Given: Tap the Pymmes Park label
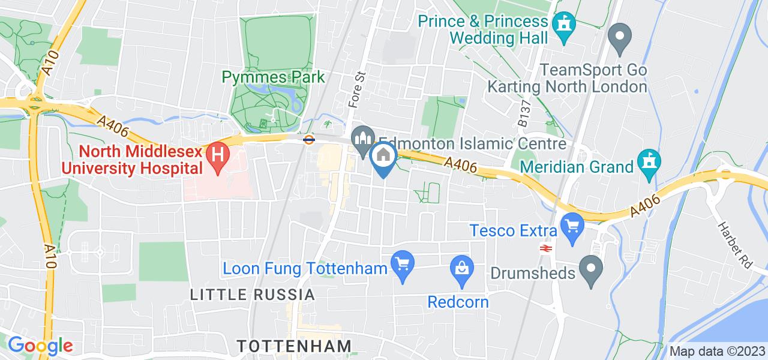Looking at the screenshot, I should [273, 77].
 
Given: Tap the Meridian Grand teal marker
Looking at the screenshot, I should [649, 164].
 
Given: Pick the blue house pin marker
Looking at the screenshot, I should [383, 158].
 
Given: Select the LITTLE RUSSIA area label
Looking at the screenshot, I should [252, 295].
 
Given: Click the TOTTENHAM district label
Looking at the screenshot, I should [293, 346].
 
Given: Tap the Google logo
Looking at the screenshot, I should [40, 346].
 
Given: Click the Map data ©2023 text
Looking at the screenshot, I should [717, 351].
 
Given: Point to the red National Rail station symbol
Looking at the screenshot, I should [546, 247].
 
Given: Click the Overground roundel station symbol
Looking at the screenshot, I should [309, 140].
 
